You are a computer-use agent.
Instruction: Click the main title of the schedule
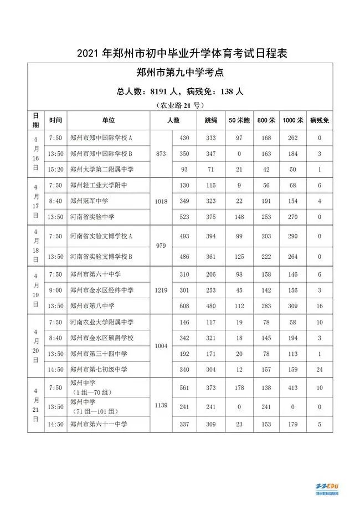pos(179,54)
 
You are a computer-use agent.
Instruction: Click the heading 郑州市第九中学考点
pos(179,73)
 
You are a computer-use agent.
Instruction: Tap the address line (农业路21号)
pos(179,104)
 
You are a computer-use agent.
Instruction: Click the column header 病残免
pos(320,120)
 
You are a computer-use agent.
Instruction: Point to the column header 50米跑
pos(239,120)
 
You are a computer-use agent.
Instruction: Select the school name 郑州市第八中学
pos(92,305)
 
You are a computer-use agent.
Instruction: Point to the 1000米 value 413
pos(293,389)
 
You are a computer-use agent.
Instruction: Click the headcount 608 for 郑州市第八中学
pos(184,305)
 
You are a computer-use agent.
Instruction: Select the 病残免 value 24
pos(320,369)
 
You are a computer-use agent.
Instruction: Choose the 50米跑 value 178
pos(239,389)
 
